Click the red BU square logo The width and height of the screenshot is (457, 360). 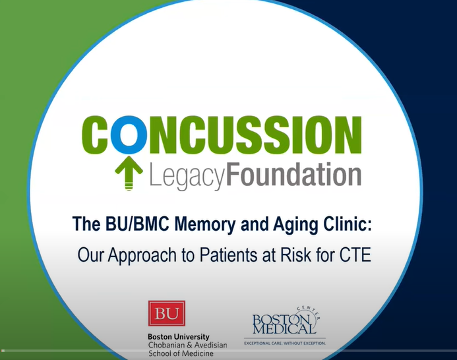[x=166, y=314]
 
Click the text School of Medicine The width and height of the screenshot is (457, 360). [x=182, y=354]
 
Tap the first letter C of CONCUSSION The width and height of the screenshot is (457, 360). [x=98, y=136]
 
